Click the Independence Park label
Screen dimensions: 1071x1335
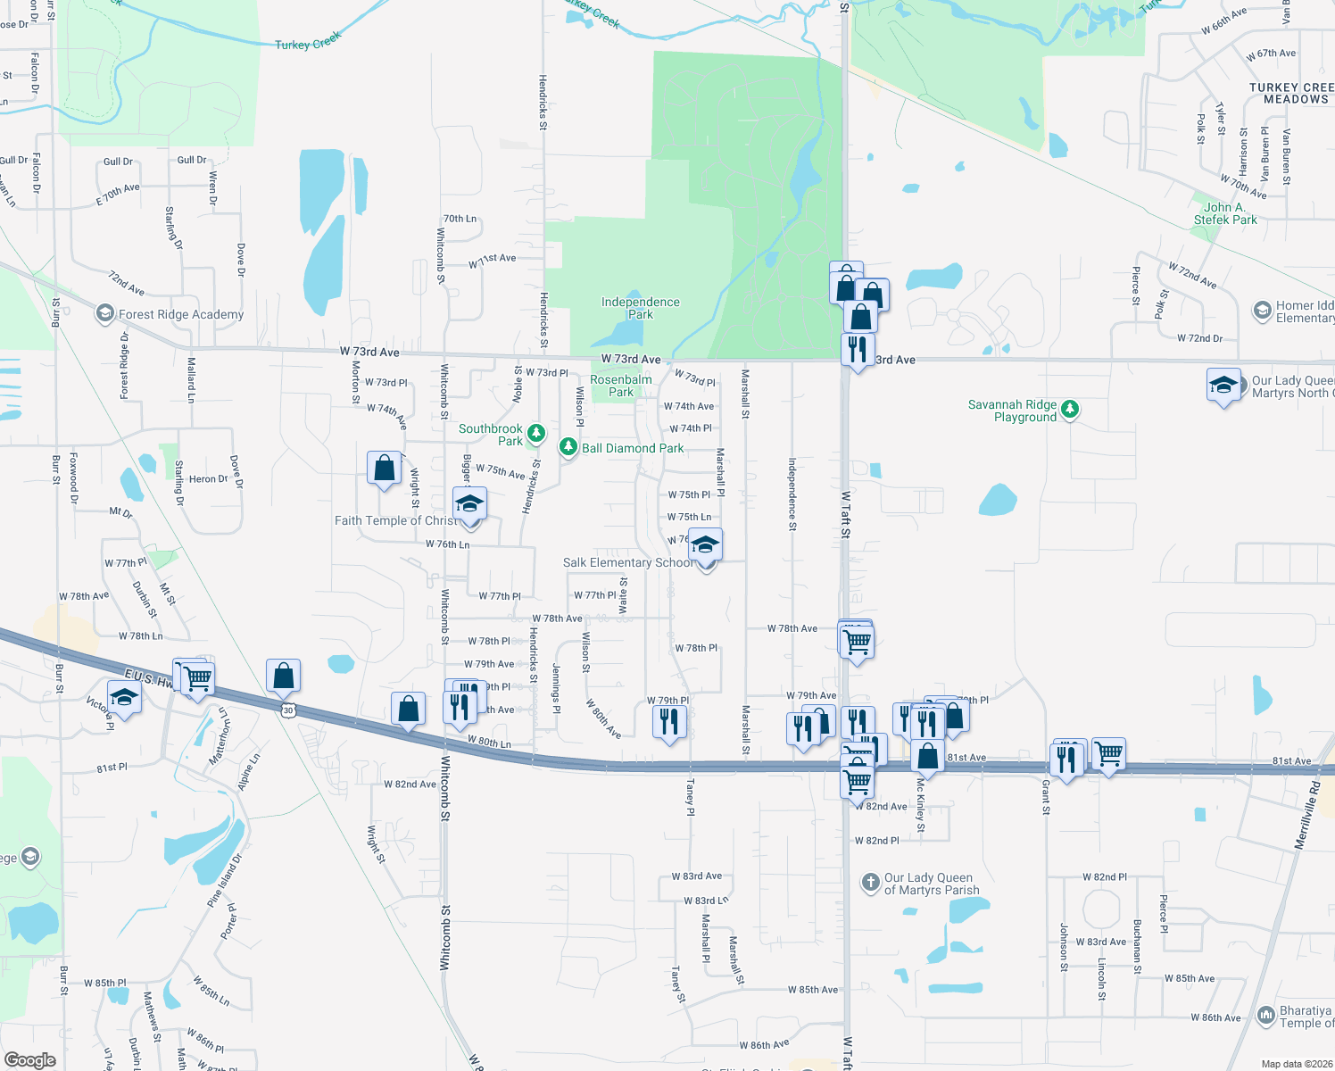tap(640, 308)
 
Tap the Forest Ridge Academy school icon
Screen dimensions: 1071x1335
tap(105, 313)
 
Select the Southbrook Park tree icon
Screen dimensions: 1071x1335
tap(535, 434)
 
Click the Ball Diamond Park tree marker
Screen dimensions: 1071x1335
tap(568, 447)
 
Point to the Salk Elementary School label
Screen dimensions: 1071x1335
tap(628, 562)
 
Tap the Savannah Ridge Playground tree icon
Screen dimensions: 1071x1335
tap(1070, 410)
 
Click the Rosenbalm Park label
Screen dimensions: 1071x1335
tap(621, 386)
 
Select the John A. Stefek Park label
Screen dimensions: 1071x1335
tap(1224, 213)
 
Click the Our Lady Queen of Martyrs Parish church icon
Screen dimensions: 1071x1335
tap(870, 883)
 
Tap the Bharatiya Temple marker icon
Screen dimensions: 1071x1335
tap(1265, 1016)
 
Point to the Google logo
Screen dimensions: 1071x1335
tap(29, 1059)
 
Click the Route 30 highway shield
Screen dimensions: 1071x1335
tap(287, 710)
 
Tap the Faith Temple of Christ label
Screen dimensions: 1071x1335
tap(395, 520)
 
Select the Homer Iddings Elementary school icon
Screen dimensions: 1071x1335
tap(1262, 311)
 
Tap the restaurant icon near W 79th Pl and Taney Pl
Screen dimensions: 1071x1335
tap(669, 720)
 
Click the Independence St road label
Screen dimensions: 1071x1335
tap(792, 494)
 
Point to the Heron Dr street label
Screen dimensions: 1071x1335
tap(208, 479)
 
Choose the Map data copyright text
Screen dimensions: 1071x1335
tap(1296, 1064)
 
